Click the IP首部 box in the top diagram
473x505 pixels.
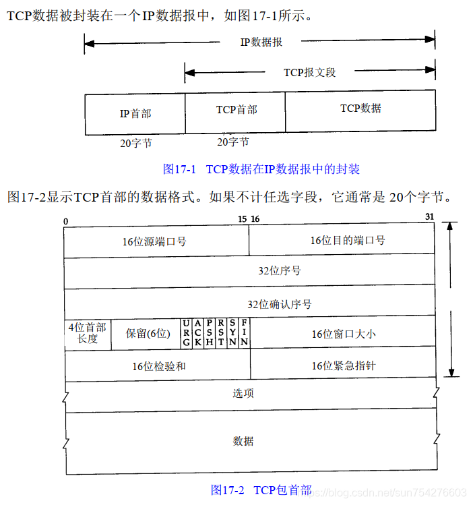pyautogui.click(x=135, y=113)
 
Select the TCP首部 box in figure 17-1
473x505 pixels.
pyautogui.click(x=235, y=111)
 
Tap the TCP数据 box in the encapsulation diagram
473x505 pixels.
pyautogui.click(x=360, y=110)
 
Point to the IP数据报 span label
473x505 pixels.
pyautogui.click(x=261, y=42)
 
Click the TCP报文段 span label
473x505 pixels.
pyautogui.click(x=309, y=71)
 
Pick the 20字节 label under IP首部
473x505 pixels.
pyautogui.click(x=135, y=143)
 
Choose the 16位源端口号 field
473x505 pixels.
pyautogui.click(x=156, y=241)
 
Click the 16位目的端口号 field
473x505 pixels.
pyautogui.click(x=342, y=241)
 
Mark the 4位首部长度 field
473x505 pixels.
pyautogui.click(x=87, y=333)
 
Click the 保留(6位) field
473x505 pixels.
pyautogui.click(x=148, y=333)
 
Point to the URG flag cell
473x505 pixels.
pyautogui.click(x=187, y=333)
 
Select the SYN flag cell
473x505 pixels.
pyautogui.click(x=232, y=333)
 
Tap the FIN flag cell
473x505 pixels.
pyautogui.click(x=244, y=333)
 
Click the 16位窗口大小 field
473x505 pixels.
pyautogui.click(x=342, y=333)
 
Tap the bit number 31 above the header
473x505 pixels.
pyautogui.click(x=430, y=216)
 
